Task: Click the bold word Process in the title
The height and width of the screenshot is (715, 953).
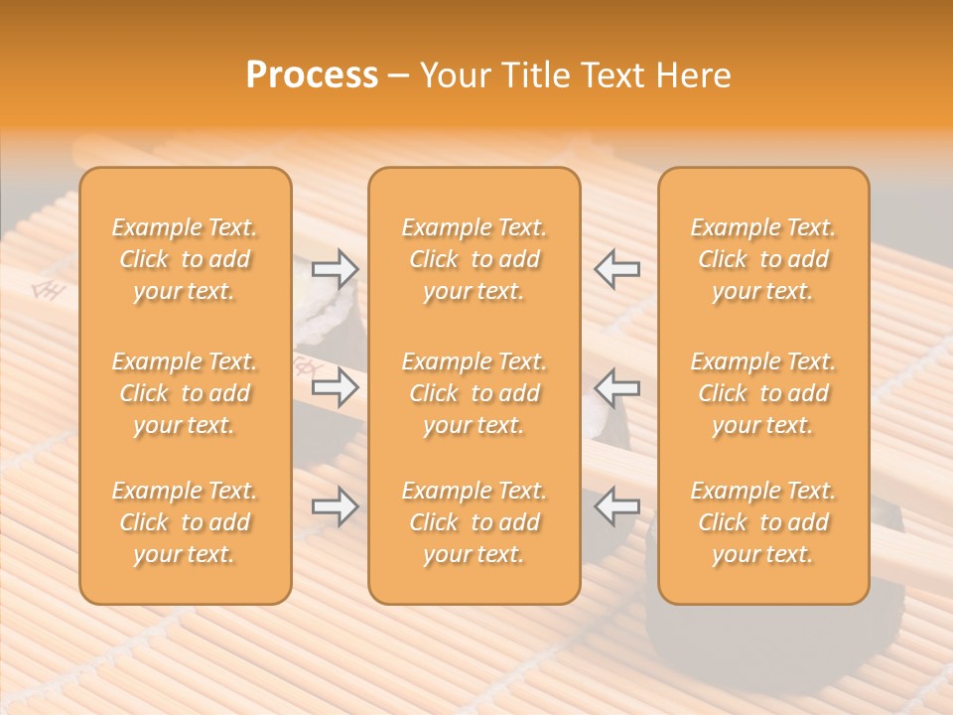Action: pos(312,75)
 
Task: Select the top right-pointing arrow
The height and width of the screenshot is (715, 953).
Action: pos(335,268)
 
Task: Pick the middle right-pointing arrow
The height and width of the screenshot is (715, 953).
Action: pos(335,387)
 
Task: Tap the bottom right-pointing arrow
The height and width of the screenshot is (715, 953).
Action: pos(335,507)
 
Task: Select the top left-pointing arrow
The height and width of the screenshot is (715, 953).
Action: pos(617,268)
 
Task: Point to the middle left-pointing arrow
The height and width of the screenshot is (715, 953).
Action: pos(617,387)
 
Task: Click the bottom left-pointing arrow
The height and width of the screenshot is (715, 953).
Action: pos(617,507)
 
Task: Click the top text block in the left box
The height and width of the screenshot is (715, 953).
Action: pos(185,259)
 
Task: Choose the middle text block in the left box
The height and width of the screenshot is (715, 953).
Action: pos(185,393)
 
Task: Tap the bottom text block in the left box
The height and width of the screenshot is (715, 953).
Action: pos(185,522)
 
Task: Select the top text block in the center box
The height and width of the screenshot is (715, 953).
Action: pos(474,259)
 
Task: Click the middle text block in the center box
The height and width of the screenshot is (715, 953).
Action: pos(474,393)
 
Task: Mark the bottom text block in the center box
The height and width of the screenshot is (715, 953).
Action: pos(474,522)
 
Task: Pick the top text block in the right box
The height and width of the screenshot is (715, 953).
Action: pos(763,259)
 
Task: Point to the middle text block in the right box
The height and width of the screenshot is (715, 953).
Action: pos(763,393)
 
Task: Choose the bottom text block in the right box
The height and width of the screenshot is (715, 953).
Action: pos(763,522)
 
